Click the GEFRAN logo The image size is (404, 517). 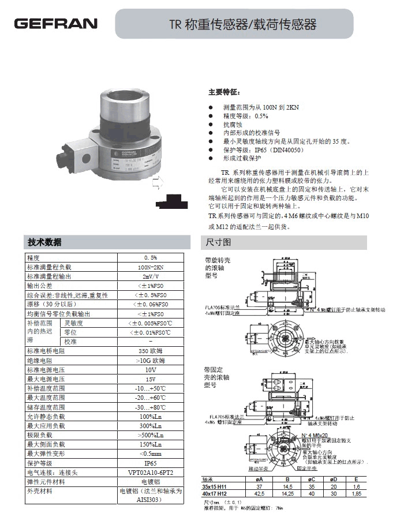pos(56,24)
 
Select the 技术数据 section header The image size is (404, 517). pos(45,242)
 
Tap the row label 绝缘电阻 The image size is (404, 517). pos(40,360)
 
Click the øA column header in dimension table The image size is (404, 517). pos(259,480)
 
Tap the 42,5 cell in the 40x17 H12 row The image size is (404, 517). pos(259,494)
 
